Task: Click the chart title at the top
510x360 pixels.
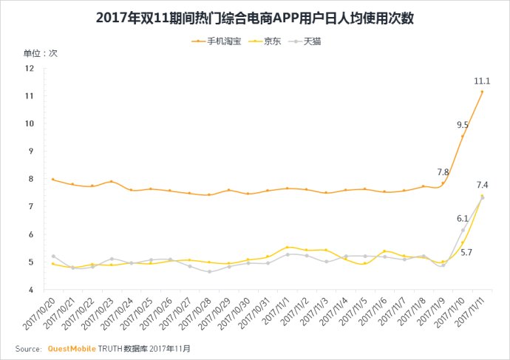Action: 255,17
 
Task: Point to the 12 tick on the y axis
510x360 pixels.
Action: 30,68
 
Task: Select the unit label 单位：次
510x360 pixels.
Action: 33,53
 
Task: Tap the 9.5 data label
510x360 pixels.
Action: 463,125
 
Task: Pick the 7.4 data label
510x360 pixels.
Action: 482,185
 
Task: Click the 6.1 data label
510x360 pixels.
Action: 463,219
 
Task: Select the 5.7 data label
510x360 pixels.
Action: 467,253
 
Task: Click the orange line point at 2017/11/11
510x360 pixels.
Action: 482,92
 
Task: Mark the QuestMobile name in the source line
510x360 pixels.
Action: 72,347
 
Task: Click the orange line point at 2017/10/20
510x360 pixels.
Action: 52,180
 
